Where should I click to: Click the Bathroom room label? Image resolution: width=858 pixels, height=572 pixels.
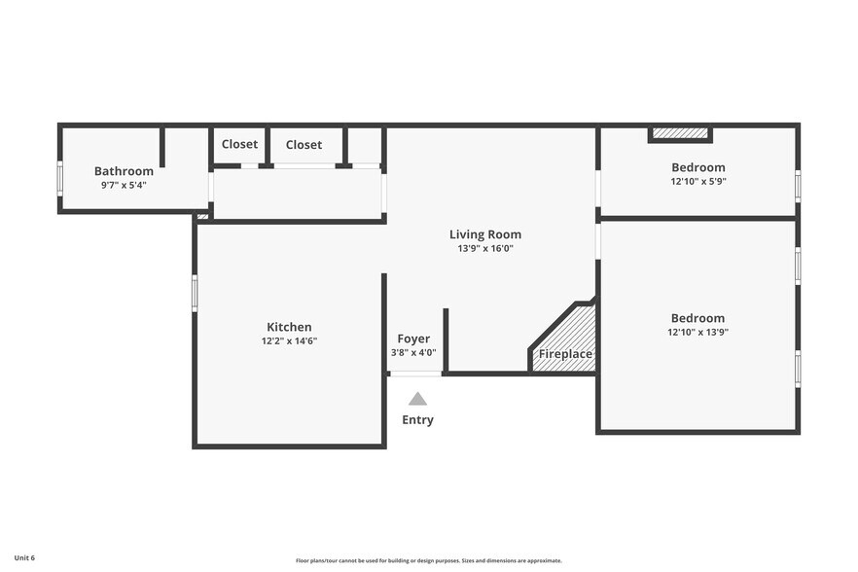coord(124,171)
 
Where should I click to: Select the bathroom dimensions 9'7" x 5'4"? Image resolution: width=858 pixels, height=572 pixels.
coord(124,185)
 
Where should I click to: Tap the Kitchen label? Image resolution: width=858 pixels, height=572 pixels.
coord(289,327)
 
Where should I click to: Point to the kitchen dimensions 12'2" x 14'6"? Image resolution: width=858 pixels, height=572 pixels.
coord(289,341)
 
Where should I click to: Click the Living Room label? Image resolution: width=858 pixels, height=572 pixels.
coord(485,234)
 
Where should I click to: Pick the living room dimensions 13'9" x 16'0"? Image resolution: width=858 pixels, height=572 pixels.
coord(485,248)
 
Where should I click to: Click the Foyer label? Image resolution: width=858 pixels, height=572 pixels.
coord(413,339)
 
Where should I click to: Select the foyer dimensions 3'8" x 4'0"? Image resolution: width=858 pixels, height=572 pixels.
coord(413,352)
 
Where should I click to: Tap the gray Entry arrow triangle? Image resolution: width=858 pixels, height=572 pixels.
coord(417,399)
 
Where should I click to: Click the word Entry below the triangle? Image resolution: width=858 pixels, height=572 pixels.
coord(417,420)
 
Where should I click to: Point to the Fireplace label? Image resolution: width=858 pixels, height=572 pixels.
coord(565,353)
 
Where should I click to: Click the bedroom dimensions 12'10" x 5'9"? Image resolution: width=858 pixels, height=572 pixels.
coord(698,181)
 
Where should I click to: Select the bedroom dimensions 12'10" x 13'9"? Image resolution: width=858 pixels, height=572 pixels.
coord(697,332)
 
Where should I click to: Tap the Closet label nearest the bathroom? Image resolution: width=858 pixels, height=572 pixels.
coord(239,144)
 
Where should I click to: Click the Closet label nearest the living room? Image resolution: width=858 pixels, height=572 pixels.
coord(304,145)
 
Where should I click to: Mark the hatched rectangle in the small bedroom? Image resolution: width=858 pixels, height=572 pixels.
coord(680,133)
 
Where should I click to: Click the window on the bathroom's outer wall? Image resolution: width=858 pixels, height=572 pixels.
coord(60,178)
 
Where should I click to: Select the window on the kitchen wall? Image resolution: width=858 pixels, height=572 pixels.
coord(195,294)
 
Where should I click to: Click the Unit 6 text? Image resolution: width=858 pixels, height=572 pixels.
coord(24,557)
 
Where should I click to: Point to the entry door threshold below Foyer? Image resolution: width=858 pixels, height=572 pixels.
coord(416,374)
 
